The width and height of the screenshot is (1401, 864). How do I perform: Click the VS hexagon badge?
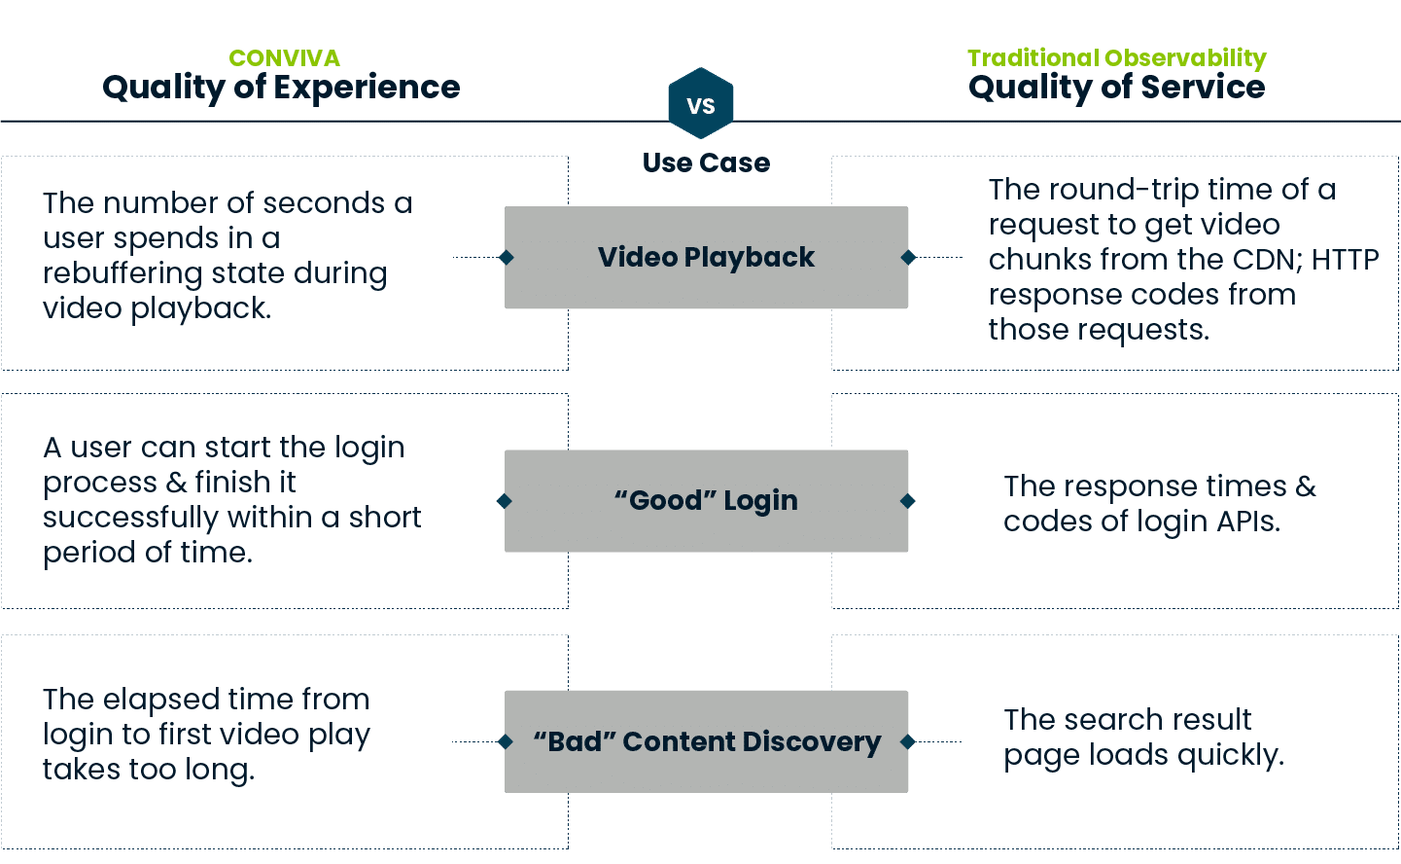pyautogui.click(x=701, y=104)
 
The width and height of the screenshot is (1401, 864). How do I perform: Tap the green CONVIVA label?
pyautogui.click(x=284, y=58)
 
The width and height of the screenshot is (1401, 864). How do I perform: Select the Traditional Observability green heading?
pyautogui.click(x=1116, y=58)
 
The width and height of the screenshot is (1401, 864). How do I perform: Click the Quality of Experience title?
pyautogui.click(x=281, y=88)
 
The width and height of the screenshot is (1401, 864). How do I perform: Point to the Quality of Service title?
pyautogui.click(x=1116, y=88)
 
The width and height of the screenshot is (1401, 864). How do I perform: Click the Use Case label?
pyautogui.click(x=706, y=163)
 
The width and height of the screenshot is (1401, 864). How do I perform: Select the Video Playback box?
pyautogui.click(x=706, y=258)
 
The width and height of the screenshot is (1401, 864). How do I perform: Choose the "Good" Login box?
pyautogui.click(x=706, y=501)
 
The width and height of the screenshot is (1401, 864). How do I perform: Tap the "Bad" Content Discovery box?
pyautogui.click(x=706, y=741)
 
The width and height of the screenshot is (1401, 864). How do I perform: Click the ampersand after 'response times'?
pyautogui.click(x=1306, y=486)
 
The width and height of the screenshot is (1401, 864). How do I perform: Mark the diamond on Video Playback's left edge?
pyautogui.click(x=506, y=258)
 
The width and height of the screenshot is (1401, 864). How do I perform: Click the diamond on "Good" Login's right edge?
pyautogui.click(x=908, y=501)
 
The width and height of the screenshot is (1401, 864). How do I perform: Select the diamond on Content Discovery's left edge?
pyautogui.click(x=506, y=741)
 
